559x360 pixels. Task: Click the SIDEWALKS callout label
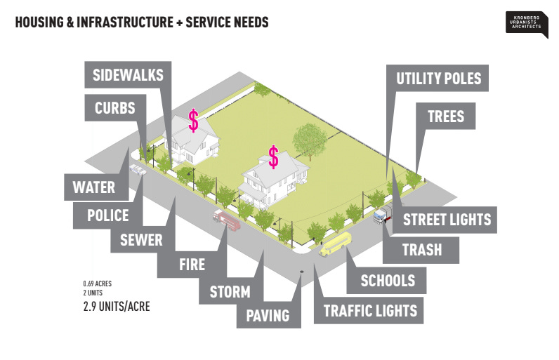click(128, 75)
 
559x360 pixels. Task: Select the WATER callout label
click(93, 187)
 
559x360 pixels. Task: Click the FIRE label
click(191, 265)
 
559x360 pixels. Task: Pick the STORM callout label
click(230, 291)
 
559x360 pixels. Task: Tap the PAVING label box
click(268, 314)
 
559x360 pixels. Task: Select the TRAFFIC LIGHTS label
click(370, 309)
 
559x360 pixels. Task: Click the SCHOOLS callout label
click(388, 281)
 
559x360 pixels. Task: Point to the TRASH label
click(421, 250)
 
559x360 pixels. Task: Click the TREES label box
click(446, 115)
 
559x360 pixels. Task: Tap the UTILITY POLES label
click(439, 78)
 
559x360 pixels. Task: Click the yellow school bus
click(335, 245)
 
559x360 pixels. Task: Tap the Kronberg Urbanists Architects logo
click(526, 23)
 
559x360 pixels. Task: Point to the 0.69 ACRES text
click(98, 284)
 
